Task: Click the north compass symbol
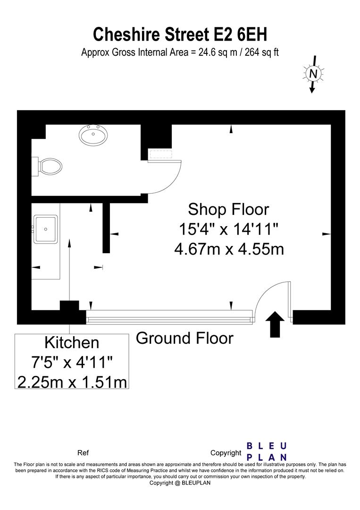(x=313, y=74)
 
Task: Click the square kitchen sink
(x=46, y=229)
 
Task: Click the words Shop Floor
(x=228, y=209)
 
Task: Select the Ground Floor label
(x=184, y=338)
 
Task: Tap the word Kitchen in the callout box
(x=72, y=342)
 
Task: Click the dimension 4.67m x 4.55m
(x=229, y=248)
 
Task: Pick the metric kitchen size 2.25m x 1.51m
(x=72, y=381)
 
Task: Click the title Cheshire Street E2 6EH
(x=180, y=34)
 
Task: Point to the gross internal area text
(x=180, y=52)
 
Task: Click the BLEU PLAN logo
(x=267, y=451)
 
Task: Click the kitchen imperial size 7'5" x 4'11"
(x=72, y=362)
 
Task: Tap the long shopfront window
(x=170, y=317)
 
